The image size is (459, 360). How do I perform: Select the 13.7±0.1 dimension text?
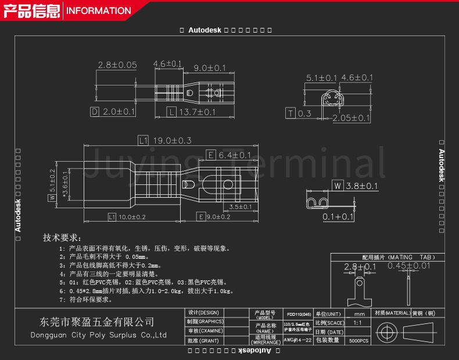pos(196,112)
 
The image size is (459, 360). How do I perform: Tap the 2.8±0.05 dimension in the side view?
pos(117,65)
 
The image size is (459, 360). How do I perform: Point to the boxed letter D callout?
pos(95,111)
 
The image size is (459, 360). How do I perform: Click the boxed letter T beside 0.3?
pos(291,113)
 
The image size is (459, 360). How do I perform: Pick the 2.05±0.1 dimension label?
pos(351,118)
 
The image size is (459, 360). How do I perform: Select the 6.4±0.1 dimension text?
pos(234,155)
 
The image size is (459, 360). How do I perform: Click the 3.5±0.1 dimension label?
pos(240,206)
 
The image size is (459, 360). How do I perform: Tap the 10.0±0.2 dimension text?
pos(132,217)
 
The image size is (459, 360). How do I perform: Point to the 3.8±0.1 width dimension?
pos(361,186)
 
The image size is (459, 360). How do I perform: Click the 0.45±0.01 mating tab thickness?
pos(410,266)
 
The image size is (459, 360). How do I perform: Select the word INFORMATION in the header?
pos(98,10)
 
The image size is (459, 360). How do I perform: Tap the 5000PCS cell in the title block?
pos(359,340)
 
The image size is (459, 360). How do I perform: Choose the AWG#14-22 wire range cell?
pos(299,340)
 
